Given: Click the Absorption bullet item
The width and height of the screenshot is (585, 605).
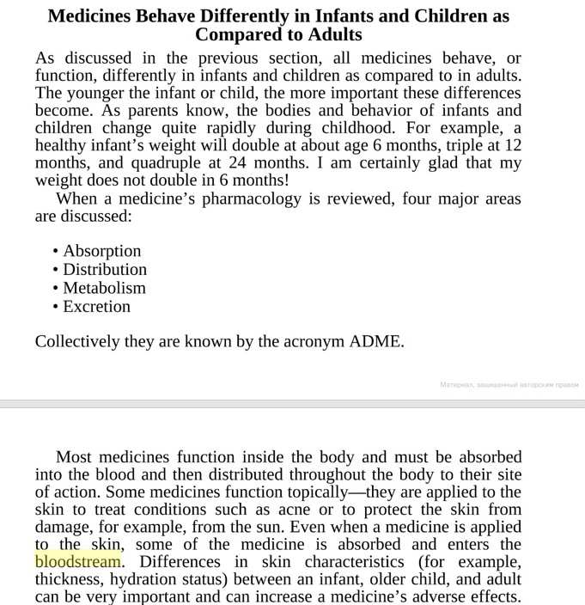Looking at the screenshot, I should pyautogui.click(x=101, y=251).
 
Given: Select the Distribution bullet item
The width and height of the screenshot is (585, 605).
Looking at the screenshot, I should pyautogui.click(x=105, y=270).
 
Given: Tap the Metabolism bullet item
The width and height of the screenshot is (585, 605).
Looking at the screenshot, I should pyautogui.click(x=104, y=288).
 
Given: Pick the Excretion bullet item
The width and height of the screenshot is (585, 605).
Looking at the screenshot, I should pyautogui.click(x=96, y=307).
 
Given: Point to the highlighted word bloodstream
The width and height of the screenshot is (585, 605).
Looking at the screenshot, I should pyautogui.click(x=78, y=562).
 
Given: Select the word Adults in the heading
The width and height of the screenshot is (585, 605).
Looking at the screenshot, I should pyautogui.click(x=332, y=35).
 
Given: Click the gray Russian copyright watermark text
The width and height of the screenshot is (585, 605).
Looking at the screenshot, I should pyautogui.click(x=509, y=384).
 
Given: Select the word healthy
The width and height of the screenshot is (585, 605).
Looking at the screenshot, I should pyautogui.click(x=63, y=146).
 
